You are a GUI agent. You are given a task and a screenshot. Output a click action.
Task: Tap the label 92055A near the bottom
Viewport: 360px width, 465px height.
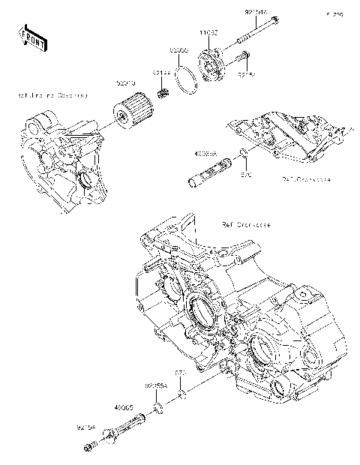155,384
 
